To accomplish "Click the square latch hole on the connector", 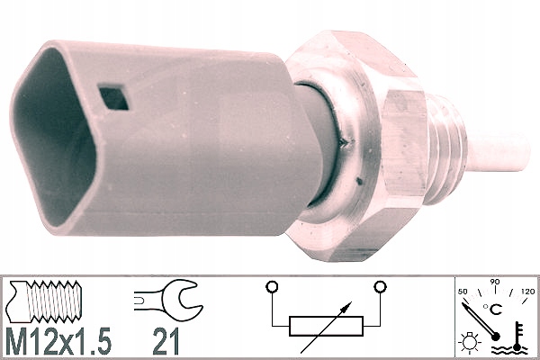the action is [x=113, y=97].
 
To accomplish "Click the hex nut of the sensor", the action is [x=358, y=145].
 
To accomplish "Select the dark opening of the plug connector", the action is [x=51, y=138].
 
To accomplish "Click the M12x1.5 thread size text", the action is [x=58, y=341].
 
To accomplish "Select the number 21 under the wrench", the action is [x=166, y=341].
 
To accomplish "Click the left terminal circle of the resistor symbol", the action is [x=272, y=286].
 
